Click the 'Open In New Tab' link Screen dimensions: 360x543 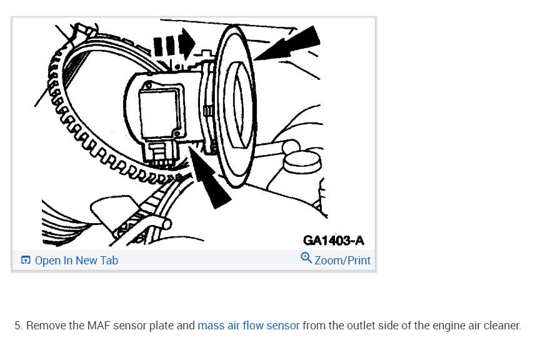point(76,261)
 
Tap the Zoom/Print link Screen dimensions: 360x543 point(342,261)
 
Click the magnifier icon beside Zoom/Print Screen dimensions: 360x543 point(306,258)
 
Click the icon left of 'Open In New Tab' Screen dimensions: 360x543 point(26,261)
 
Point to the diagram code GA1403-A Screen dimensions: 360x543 point(333,240)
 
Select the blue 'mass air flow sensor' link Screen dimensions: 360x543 point(248,326)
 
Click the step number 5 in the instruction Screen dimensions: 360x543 point(18,326)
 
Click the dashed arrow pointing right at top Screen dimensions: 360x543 point(174,44)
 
